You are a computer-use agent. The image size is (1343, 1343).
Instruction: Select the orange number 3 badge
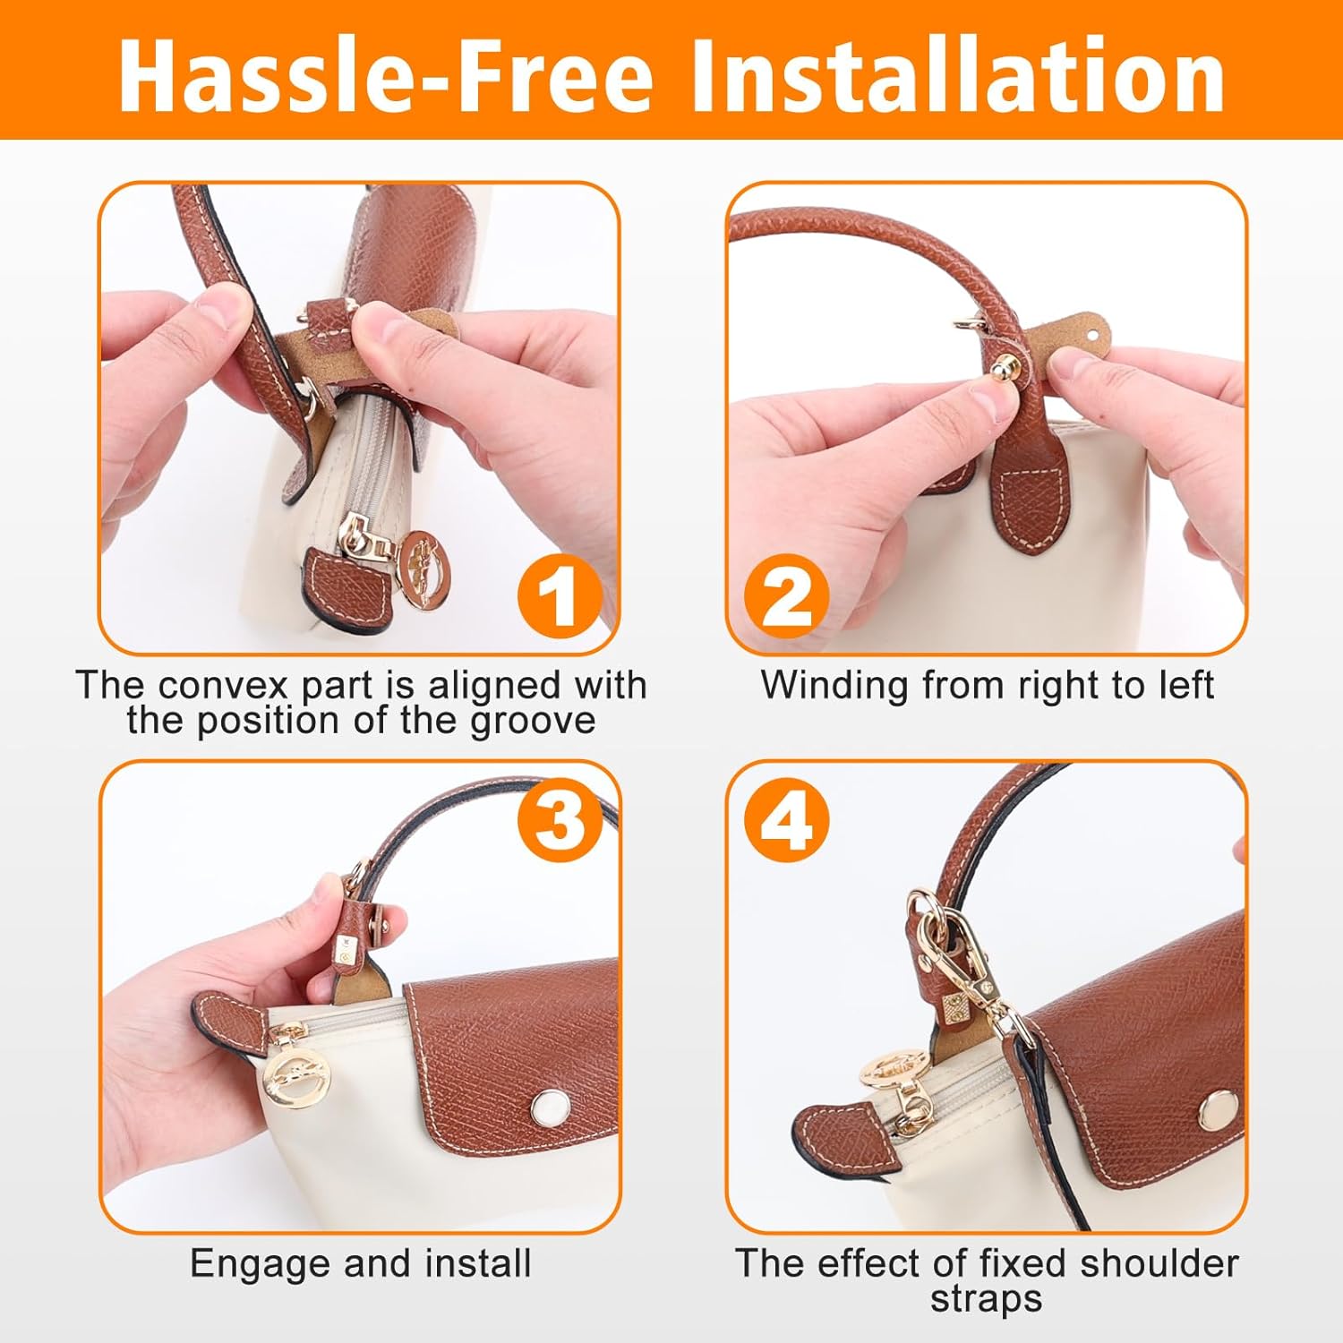coord(560,819)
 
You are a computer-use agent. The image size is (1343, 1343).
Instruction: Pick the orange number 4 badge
coord(787,819)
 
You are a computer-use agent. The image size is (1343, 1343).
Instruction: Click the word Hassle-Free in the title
coord(386,76)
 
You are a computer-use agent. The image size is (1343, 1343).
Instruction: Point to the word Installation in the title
coord(957,76)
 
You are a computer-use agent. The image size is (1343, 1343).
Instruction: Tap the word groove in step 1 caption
coord(533,722)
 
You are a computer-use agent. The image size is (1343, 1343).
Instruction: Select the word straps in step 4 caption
coord(986,1299)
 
